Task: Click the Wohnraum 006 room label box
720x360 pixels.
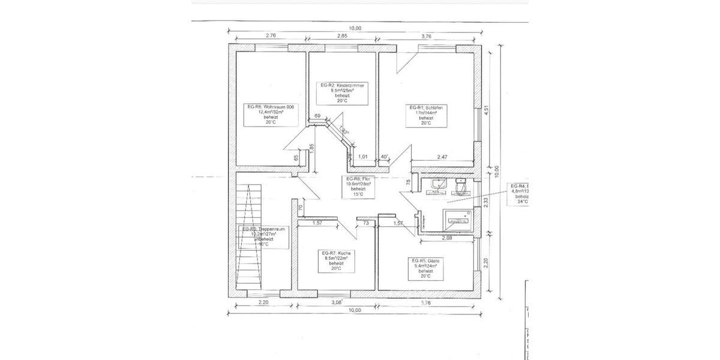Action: point(270,114)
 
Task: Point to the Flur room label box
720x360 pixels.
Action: point(358,187)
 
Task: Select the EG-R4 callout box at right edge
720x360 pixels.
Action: point(518,194)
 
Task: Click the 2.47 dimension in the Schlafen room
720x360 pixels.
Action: point(442,157)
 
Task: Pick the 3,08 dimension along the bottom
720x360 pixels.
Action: point(337,302)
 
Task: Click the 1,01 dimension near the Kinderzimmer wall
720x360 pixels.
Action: point(363,157)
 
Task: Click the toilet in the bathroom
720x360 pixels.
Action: point(461,187)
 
